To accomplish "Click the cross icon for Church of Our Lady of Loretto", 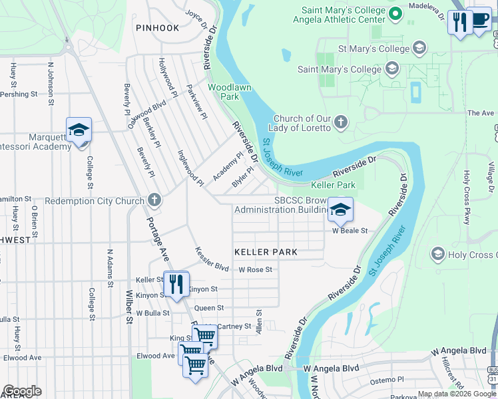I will click(340, 122).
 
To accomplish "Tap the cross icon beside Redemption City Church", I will click(154, 200).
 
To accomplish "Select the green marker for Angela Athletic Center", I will click(395, 13).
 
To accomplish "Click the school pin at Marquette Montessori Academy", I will click(79, 130).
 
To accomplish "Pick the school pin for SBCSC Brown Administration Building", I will click(340, 210).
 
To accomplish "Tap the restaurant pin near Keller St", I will click(176, 285).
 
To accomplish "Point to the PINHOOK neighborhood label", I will click(157, 28).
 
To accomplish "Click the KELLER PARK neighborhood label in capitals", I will click(266, 253).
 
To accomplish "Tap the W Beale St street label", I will click(350, 231).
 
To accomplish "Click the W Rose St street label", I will click(256, 269).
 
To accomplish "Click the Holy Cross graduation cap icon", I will click(437, 254).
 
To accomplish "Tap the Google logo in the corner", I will click(22, 390).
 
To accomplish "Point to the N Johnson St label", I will click(50, 83).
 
